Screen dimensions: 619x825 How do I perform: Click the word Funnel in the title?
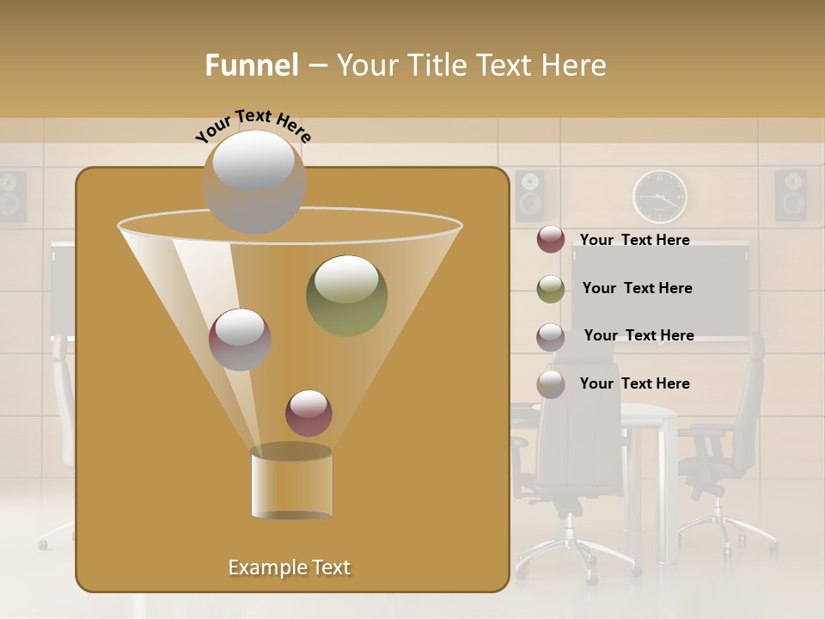point(251,65)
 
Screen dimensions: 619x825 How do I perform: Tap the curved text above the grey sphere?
point(254,126)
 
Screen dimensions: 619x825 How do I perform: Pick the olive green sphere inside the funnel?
point(346,295)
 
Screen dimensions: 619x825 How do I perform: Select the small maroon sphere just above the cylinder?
point(309,413)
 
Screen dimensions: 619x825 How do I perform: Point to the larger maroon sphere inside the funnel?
point(240,339)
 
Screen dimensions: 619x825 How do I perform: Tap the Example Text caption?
point(289,567)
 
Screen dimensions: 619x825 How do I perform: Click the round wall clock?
point(660,197)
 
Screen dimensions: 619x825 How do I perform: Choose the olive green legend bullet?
point(551,289)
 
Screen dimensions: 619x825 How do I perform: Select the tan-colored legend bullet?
point(551,384)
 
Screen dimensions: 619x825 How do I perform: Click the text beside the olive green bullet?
point(637,288)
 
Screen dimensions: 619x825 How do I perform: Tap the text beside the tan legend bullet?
point(634,383)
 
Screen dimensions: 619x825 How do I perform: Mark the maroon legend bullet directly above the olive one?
point(551,240)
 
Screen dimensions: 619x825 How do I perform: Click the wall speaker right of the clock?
point(791,195)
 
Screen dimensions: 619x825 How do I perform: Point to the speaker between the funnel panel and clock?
point(529,195)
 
